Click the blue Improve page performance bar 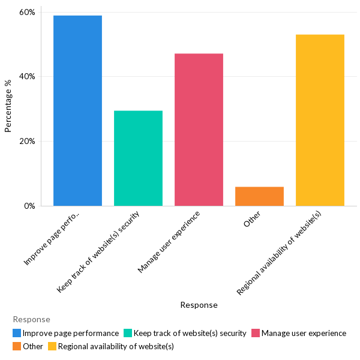pos(77,111)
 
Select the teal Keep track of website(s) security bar pos(138,158)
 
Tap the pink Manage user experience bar pos(199,130)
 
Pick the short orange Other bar pos(259,196)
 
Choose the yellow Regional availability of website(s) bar pos(320,120)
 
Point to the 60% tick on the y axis pos(27,12)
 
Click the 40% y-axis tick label pos(27,77)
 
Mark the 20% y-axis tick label pos(27,142)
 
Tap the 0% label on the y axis pos(29,206)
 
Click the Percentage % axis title pos(8,106)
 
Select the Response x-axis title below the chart pos(199,305)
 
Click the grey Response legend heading pos(31,320)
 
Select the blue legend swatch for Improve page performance pos(17,333)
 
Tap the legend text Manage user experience pos(304,333)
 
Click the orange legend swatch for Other pos(17,346)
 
